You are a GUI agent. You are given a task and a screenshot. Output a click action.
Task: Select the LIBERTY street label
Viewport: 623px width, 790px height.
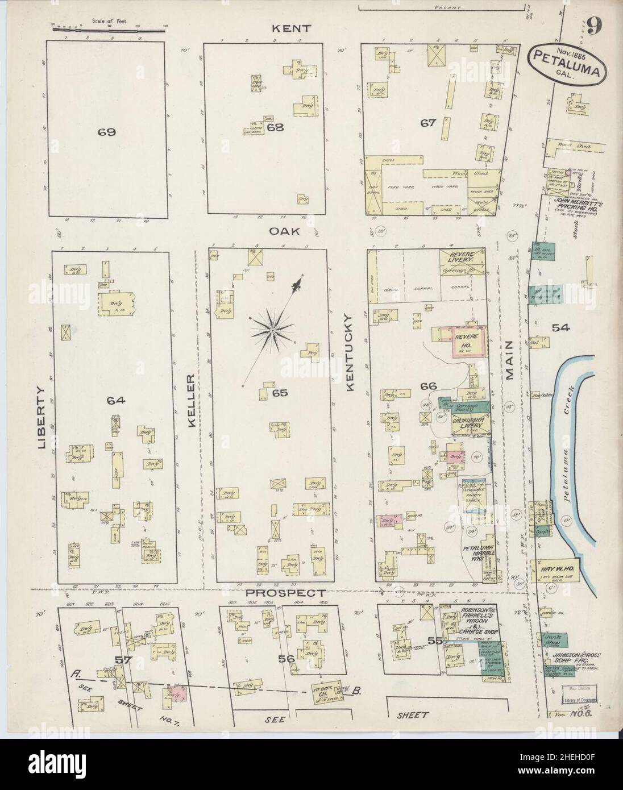[41, 418]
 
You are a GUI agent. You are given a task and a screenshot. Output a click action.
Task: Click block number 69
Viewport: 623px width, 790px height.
[106, 132]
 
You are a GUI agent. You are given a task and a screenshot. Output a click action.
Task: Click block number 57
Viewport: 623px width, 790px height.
[123, 660]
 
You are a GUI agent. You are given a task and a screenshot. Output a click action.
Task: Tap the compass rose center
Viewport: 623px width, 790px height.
[273, 330]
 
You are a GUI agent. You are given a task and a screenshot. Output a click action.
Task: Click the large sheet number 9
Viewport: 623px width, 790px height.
[595, 25]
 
